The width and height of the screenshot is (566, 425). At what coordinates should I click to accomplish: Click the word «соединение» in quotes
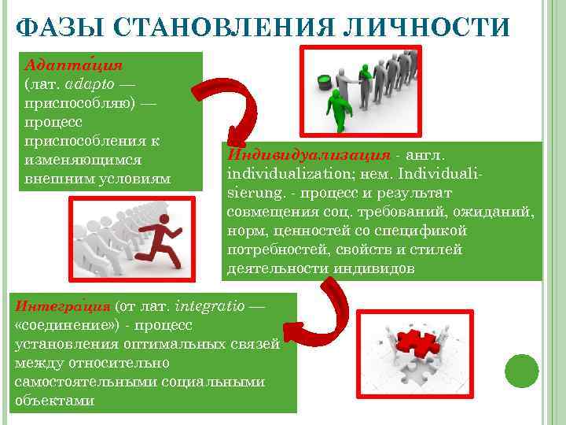tap(63, 324)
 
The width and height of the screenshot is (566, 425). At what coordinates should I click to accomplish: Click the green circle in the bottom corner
tap(521, 370)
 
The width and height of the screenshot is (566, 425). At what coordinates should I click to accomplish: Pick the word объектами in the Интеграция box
tap(54, 400)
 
